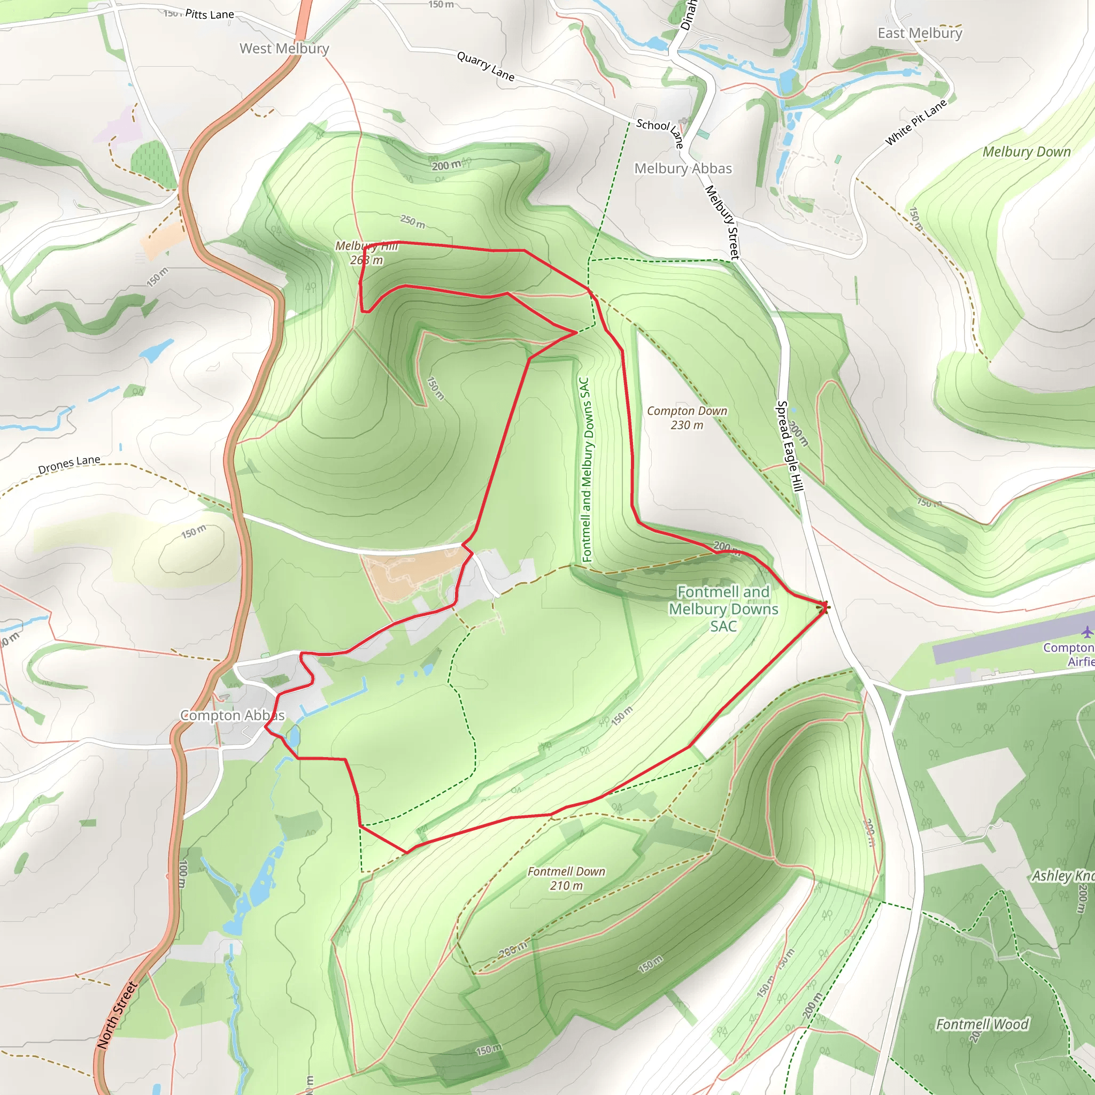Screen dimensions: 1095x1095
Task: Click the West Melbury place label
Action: click(x=284, y=49)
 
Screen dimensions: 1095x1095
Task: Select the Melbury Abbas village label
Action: click(x=682, y=168)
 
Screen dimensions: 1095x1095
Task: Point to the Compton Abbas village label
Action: click(x=233, y=715)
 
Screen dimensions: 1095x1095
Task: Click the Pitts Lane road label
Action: click(x=209, y=14)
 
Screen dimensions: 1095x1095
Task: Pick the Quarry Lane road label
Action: click(x=485, y=66)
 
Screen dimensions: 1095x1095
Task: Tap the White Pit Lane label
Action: click(x=915, y=122)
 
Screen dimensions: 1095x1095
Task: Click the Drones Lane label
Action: click(x=69, y=464)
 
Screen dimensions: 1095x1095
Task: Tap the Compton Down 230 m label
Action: click(x=687, y=418)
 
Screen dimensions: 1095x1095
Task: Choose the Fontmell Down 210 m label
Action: click(x=566, y=878)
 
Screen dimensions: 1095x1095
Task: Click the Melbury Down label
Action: click(x=1027, y=152)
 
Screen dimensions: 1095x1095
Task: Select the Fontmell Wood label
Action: click(x=982, y=1024)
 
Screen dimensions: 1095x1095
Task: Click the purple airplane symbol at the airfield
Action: click(x=1086, y=631)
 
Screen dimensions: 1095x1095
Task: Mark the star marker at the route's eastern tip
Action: click(x=825, y=607)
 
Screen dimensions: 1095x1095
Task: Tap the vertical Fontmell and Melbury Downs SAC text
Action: click(x=585, y=469)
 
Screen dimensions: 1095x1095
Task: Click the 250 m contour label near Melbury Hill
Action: click(x=413, y=221)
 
